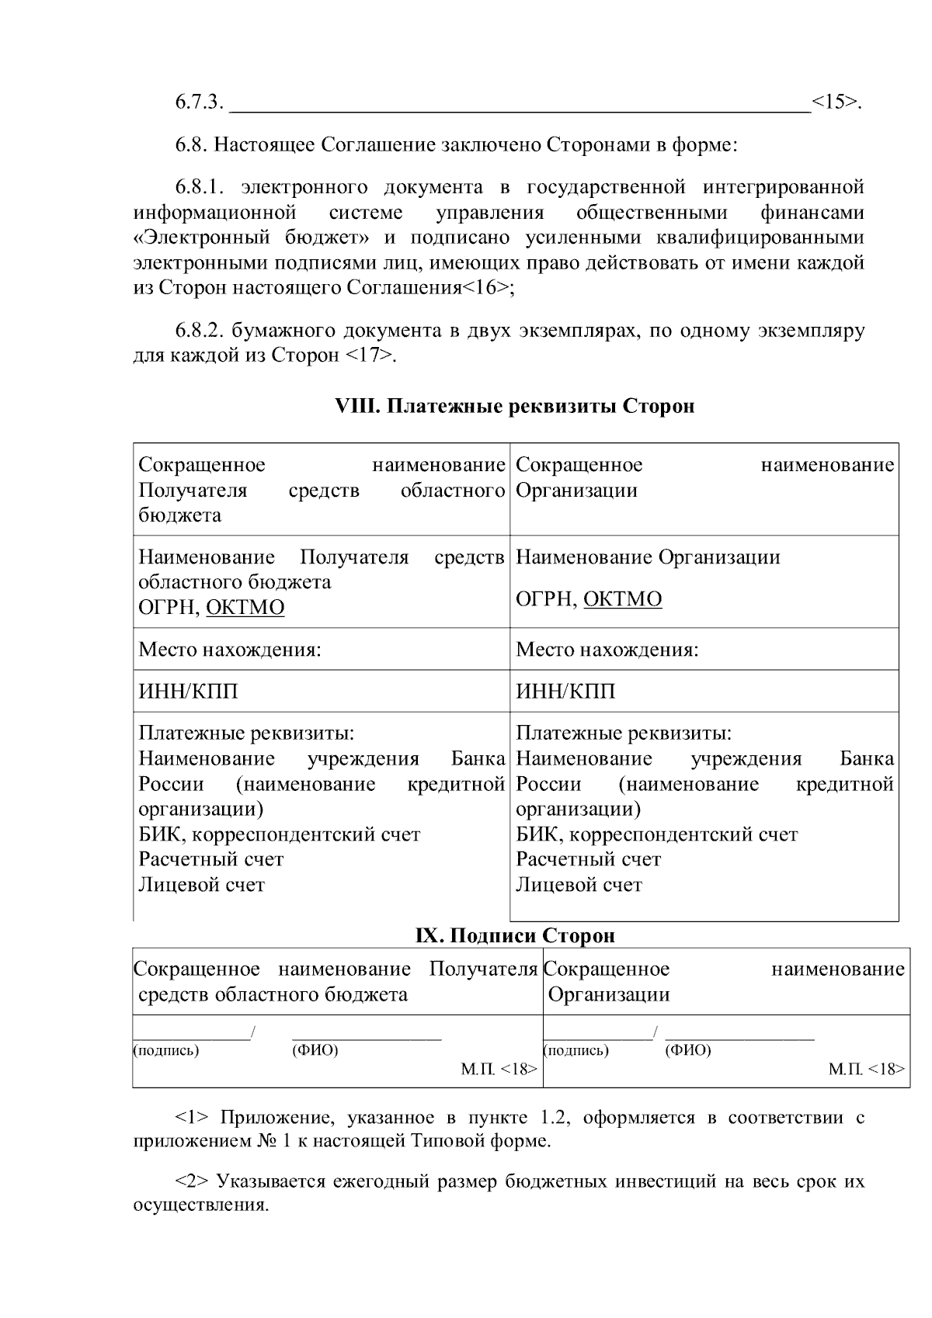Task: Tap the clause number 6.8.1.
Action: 199,187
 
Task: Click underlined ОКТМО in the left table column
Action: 245,607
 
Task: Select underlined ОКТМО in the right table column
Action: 622,599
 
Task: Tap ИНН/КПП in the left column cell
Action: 188,691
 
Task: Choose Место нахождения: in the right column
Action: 607,649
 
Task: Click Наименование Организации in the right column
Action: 648,557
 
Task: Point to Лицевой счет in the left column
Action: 202,885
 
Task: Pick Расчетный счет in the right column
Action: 588,859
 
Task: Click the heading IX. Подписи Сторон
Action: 515,935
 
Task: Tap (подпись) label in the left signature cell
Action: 166,1051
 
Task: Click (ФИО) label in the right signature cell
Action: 688,1051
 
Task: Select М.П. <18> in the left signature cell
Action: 499,1070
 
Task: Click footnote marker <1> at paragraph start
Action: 191,1118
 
